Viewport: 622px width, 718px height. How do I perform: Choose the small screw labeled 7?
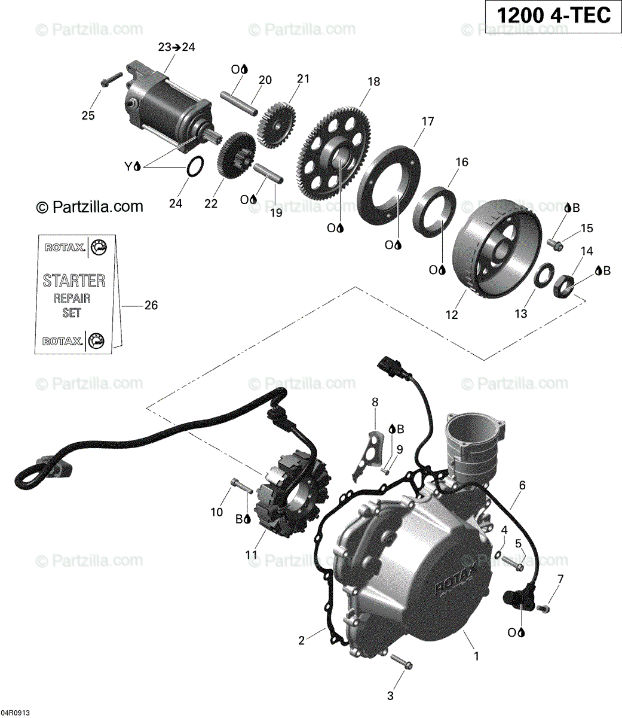[x=543, y=609]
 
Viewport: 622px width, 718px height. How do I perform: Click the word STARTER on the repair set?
[x=74, y=280]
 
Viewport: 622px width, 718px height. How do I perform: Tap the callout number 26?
[x=151, y=306]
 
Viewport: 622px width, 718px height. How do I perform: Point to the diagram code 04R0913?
[x=16, y=713]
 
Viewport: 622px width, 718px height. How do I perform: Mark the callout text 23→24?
[x=176, y=47]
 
